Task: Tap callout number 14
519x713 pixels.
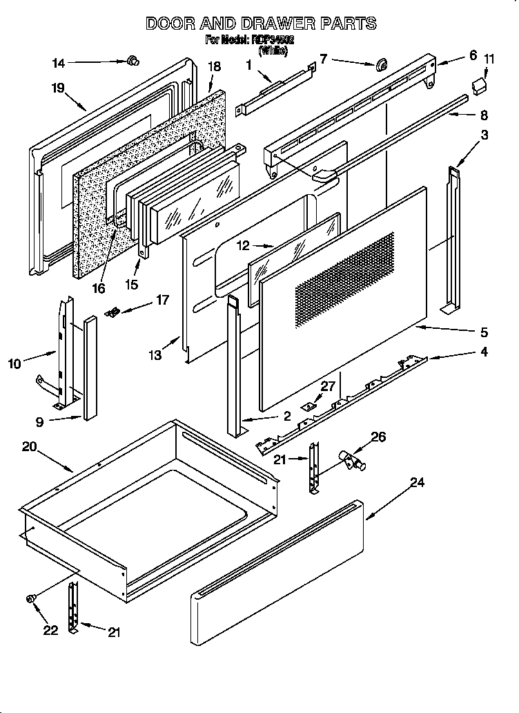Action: point(59,63)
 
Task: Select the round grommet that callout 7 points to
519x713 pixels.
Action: point(379,66)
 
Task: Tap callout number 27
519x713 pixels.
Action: point(327,386)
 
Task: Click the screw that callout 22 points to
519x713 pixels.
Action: point(31,598)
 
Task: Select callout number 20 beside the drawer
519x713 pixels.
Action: point(28,446)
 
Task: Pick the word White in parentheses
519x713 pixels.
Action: point(273,50)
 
